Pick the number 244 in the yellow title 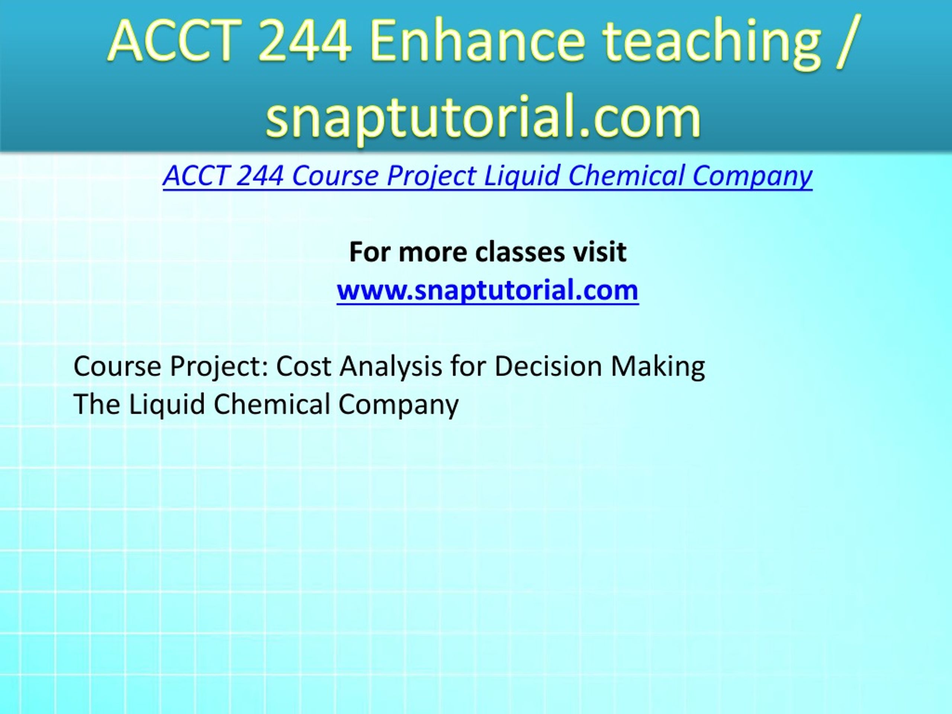[x=305, y=42]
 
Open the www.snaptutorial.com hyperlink [x=488, y=290]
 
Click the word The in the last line [x=97, y=404]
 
